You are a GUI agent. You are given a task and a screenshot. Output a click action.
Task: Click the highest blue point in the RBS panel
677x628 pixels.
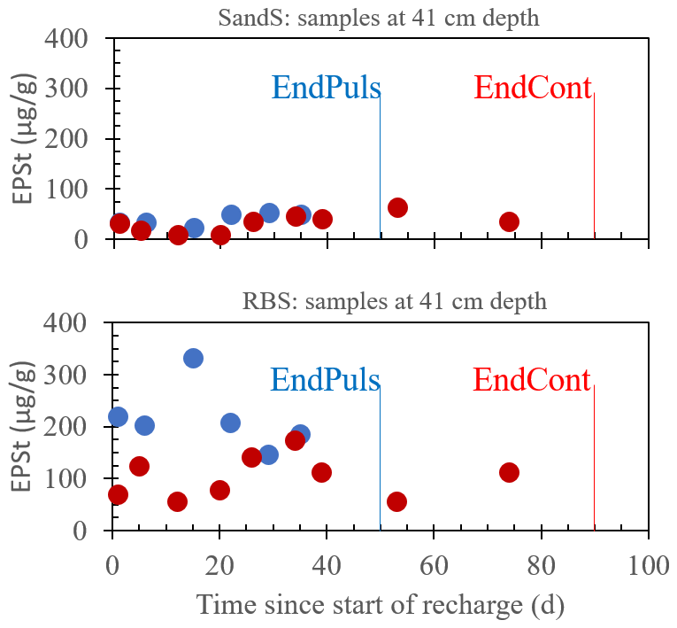pyautogui.click(x=193, y=358)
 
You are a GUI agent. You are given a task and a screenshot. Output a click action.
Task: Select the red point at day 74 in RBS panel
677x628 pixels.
pyautogui.click(x=509, y=472)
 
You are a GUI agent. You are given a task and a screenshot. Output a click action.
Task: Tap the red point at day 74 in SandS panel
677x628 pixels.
pyautogui.click(x=509, y=221)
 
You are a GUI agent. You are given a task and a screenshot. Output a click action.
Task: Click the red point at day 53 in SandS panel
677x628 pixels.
pyautogui.click(x=397, y=207)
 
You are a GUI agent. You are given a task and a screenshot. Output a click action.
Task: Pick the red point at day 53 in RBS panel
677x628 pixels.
pyautogui.click(x=396, y=501)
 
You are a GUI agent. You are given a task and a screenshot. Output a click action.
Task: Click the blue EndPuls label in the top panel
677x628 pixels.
pyautogui.click(x=326, y=88)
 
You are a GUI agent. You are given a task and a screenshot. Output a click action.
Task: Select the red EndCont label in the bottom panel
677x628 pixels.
pyautogui.click(x=531, y=380)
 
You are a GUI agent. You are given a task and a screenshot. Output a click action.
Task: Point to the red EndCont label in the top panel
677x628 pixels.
pyautogui.click(x=532, y=88)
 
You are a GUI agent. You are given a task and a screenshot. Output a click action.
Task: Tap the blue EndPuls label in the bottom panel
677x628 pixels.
pyautogui.click(x=325, y=380)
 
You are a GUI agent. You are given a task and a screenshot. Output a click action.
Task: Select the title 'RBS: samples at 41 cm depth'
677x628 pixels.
pyautogui.click(x=395, y=301)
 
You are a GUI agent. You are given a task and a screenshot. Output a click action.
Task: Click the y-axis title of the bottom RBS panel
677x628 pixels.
pyautogui.click(x=25, y=426)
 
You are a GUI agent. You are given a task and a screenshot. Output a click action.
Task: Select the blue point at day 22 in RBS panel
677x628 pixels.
pyautogui.click(x=230, y=423)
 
